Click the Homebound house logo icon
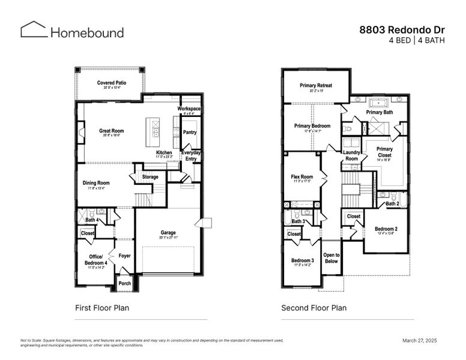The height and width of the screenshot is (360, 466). [x=34, y=30]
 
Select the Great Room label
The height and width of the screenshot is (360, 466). [x=112, y=130]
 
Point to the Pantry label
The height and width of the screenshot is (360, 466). [x=190, y=132]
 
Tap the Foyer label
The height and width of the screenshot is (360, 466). [x=124, y=256]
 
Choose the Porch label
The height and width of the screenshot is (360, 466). [x=124, y=283]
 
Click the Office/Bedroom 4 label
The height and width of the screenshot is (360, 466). [x=95, y=260]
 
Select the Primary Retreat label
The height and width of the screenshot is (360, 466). [x=316, y=86]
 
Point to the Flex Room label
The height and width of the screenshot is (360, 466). [x=302, y=177]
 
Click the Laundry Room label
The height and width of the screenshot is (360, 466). [x=351, y=155]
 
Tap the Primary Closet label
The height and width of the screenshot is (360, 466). [x=384, y=152]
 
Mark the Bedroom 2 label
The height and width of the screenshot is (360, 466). [x=386, y=229]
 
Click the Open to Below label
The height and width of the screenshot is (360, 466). [x=331, y=258]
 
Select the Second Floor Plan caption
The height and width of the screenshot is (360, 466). [x=313, y=308]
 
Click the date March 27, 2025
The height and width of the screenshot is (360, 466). [x=419, y=340]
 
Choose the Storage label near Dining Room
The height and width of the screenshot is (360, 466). [x=150, y=177]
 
